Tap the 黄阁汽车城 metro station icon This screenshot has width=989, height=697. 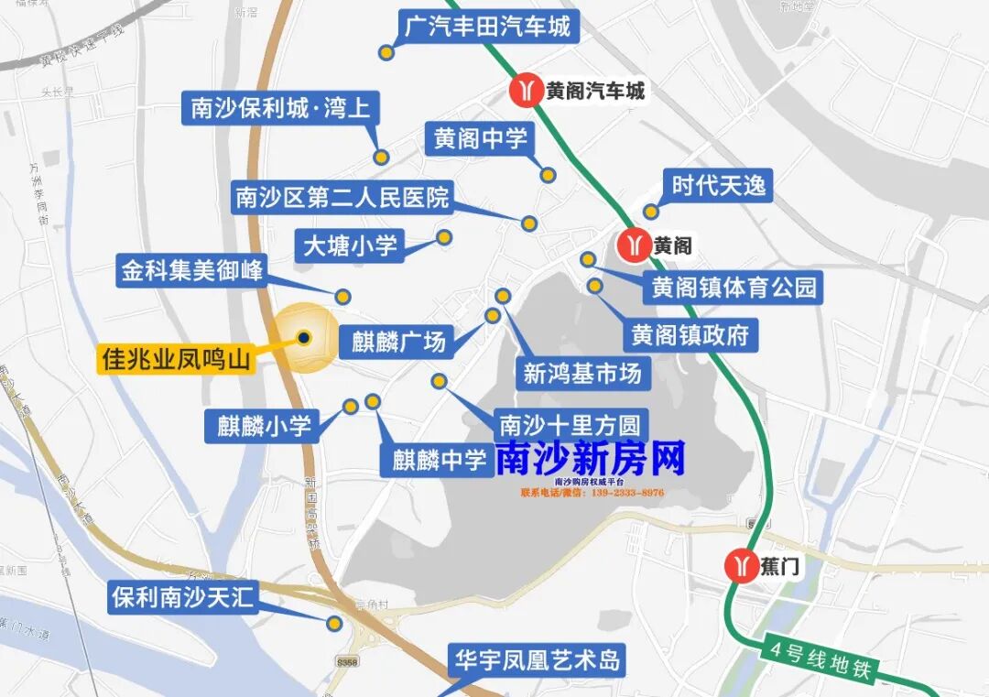[526, 91]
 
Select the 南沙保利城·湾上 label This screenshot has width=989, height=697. [280, 109]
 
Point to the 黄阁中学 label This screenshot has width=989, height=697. [481, 139]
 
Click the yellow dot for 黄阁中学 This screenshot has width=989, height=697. [548, 175]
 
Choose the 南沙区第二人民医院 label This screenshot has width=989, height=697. [343, 197]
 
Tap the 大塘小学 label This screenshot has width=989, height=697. [350, 245]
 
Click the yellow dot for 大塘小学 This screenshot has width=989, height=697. [444, 237]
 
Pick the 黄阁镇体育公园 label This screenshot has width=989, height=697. [734, 288]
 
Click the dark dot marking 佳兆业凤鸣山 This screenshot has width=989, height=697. [304, 337]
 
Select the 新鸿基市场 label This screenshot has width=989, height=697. [581, 373]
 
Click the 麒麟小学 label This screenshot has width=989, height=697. [264, 426]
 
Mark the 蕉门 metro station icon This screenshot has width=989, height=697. [739, 566]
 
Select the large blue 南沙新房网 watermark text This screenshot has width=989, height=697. [591, 459]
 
